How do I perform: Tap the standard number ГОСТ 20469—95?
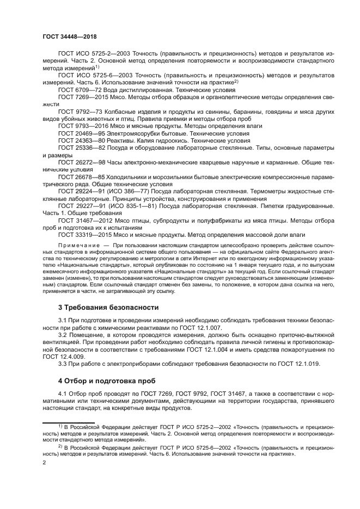click(82, 133)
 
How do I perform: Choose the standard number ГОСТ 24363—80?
click(82, 140)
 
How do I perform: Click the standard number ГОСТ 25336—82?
click(82, 148)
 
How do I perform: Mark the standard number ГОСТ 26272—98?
click(82, 162)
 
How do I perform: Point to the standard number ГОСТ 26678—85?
click(82, 177)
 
